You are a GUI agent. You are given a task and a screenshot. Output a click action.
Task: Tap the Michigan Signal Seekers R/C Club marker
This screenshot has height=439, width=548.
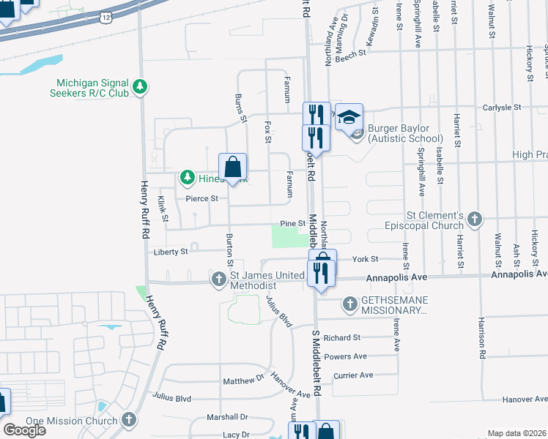pos(140,87)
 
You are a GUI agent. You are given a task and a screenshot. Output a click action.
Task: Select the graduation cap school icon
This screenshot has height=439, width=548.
pos(349,116)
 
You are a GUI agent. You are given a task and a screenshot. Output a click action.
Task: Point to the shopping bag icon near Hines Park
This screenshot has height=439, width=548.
pos(232,168)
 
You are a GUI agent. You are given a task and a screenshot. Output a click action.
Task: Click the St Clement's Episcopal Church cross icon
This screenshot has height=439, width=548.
pos(475,219)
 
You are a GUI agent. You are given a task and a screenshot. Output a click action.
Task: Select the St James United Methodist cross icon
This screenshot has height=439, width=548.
pos(218,279)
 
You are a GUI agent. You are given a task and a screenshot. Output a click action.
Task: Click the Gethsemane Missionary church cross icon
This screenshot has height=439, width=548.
pos(349,303)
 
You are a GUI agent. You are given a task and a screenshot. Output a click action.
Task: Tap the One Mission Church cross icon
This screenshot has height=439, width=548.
pos(130,420)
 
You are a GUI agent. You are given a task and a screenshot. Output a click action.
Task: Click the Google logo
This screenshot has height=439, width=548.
pos(24,430)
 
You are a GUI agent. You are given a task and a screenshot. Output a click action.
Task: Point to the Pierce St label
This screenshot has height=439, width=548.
pos(201,198)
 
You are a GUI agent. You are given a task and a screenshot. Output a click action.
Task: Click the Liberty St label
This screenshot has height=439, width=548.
pos(171,251)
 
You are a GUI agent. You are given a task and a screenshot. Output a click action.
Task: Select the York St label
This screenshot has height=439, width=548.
pos(364,259)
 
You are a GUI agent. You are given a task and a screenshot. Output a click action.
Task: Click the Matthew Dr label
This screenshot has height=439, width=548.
pos(243,381)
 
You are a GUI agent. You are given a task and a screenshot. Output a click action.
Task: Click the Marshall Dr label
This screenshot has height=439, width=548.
pos(228,417)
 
